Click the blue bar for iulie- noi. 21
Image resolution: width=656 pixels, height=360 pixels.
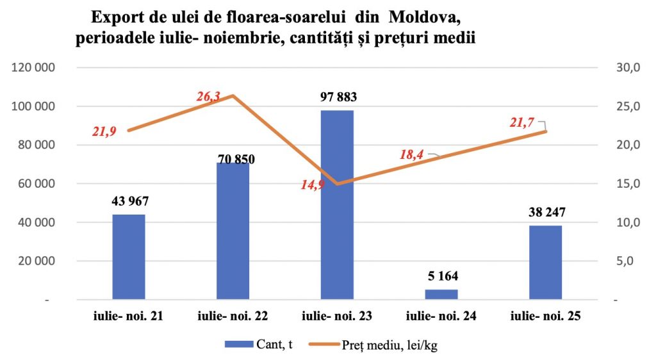(x=129, y=256)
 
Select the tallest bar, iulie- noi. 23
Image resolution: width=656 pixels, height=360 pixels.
(x=337, y=205)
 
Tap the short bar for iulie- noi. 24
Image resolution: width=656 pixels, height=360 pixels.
(x=441, y=294)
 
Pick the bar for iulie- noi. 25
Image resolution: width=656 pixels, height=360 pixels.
(x=546, y=263)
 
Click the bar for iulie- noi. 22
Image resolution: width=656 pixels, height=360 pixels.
(x=233, y=231)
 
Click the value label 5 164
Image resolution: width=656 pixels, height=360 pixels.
(x=441, y=277)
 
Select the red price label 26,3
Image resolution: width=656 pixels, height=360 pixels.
(x=208, y=97)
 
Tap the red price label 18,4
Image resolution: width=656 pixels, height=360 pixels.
(x=411, y=154)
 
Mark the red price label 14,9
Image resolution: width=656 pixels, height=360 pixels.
(x=313, y=185)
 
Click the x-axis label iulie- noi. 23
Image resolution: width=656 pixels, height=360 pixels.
(x=337, y=316)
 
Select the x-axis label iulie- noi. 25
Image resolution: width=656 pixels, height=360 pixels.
(x=546, y=316)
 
